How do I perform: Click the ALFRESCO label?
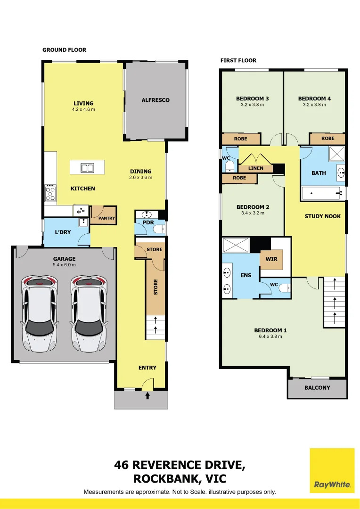pos(155,100)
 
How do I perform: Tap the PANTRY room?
pos(104,215)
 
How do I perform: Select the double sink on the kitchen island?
pos(87,167)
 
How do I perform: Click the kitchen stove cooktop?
pos(50,193)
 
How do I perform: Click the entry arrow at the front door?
pos(147,396)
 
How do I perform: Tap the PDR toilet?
pos(159,229)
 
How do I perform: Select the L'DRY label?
pos(63,232)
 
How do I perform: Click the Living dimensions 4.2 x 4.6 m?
pos(83,110)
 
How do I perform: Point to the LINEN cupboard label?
pos(256,168)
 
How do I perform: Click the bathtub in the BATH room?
pos(322,194)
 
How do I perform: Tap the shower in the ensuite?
pos(236,245)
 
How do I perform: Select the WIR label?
pos(271,259)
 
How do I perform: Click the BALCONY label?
pos(317,387)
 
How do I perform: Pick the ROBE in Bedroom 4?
pos(327,139)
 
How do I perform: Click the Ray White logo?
pos(332,470)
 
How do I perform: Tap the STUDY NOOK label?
pos(323,216)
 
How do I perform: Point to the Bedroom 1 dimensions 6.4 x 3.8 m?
pos(270,337)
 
